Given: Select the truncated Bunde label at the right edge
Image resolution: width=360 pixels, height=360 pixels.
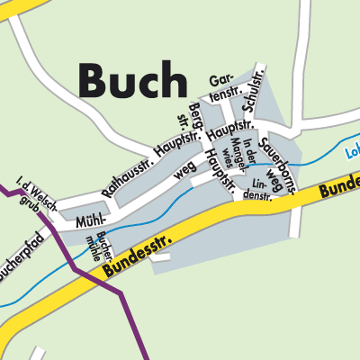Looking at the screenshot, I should tap(341, 186).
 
